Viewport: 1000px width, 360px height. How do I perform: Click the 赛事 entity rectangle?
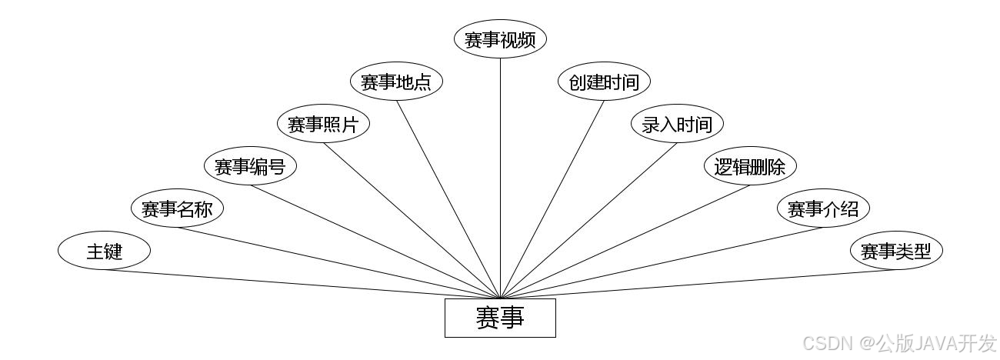pos(500,318)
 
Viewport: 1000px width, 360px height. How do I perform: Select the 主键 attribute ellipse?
pos(104,251)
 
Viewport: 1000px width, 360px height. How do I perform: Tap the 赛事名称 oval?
pos(177,208)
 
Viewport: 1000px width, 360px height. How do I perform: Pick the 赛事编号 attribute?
pos(250,166)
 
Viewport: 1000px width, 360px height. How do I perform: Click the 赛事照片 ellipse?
pos(323,125)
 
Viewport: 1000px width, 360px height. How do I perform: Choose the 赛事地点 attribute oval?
pos(396,82)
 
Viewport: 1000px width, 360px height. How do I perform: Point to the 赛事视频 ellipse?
pos(500,40)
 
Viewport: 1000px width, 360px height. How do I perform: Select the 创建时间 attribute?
pos(604,82)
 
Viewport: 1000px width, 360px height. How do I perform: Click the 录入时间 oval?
pos(677,125)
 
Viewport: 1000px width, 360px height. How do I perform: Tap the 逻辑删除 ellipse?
pos(750,166)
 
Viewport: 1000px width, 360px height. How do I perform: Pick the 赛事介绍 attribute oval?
pos(823,208)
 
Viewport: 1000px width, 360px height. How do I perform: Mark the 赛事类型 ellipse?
pos(896,251)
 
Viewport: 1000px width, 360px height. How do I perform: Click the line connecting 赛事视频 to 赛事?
pos(500,177)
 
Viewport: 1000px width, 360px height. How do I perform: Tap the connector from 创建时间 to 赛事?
pos(553,198)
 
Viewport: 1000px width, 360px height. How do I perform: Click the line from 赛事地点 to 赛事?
pos(448,199)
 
